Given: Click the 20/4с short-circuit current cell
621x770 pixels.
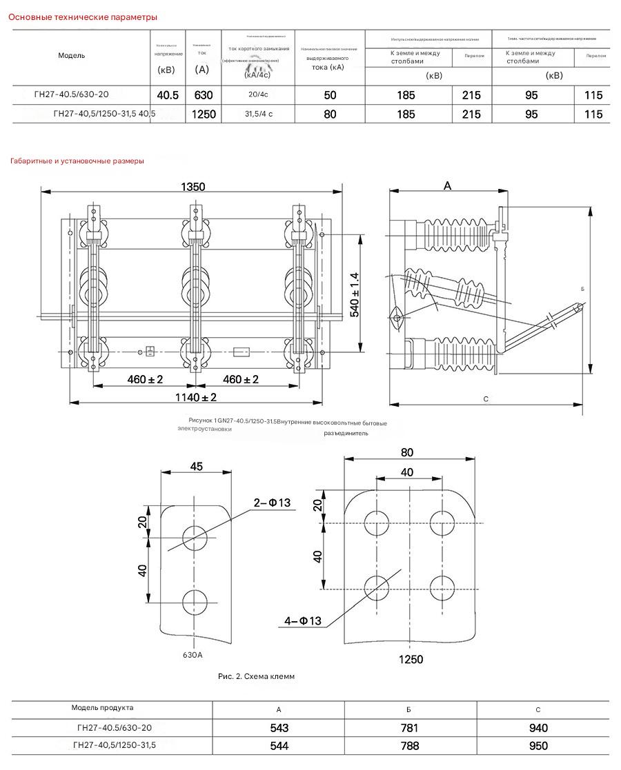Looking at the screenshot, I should tap(258, 95).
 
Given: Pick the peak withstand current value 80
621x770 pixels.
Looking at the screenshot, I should tap(330, 114).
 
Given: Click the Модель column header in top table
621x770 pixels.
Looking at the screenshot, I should tap(72, 56).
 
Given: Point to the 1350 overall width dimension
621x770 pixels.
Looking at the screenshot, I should tap(193, 187).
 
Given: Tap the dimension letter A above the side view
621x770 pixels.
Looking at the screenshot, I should tap(447, 186).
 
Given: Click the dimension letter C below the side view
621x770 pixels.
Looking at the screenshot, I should tap(486, 399).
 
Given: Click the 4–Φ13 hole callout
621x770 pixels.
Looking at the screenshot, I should tap(303, 621).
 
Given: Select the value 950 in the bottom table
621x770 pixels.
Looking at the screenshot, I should tap(538, 746).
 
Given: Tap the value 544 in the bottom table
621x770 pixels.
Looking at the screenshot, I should tap(279, 746).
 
